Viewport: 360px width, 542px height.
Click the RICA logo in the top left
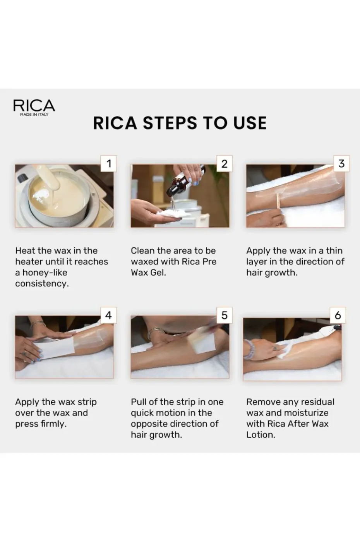coord(34,105)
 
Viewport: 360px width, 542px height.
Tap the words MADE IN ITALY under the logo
coord(34,115)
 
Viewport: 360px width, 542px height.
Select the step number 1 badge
coord(109,163)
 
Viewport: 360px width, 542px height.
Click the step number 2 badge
coord(224,163)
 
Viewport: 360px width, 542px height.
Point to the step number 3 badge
coord(341,163)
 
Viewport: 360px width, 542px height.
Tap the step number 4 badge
coord(108,315)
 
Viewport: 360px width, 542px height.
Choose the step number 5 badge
coord(224,315)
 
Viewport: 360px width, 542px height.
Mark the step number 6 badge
coord(338,315)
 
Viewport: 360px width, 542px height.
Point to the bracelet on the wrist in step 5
coord(156,331)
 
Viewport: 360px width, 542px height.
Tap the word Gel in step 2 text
coord(158,273)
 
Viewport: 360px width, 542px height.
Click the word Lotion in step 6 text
coord(261,435)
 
